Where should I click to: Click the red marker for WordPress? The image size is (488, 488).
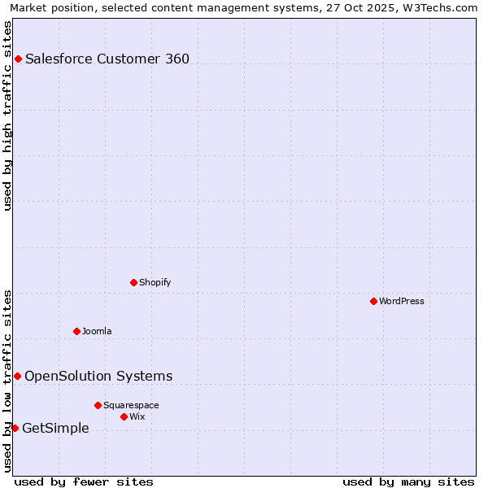click(x=373, y=301)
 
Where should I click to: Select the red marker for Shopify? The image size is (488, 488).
click(x=133, y=282)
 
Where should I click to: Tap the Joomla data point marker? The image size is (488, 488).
click(x=76, y=331)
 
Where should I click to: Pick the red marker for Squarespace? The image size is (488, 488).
click(x=98, y=405)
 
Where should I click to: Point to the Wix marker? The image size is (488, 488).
click(x=124, y=416)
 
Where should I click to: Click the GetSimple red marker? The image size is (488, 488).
click(x=15, y=428)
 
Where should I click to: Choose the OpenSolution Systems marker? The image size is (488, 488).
click(x=17, y=376)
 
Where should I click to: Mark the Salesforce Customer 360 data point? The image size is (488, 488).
click(x=18, y=59)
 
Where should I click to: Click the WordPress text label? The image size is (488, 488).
click(x=402, y=302)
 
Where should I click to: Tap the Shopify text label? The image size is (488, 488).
click(x=155, y=283)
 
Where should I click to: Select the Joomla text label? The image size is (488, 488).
click(x=97, y=332)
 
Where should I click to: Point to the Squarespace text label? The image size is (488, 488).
click(x=131, y=406)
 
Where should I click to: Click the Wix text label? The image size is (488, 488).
click(x=137, y=417)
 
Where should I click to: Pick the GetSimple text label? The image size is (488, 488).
click(x=55, y=429)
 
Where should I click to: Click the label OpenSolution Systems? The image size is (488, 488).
click(x=98, y=376)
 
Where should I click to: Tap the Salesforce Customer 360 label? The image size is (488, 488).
click(x=107, y=59)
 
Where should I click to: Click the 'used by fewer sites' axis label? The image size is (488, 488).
click(x=84, y=481)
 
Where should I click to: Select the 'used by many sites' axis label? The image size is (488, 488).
click(x=408, y=481)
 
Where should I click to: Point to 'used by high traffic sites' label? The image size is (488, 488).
click(x=7, y=115)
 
